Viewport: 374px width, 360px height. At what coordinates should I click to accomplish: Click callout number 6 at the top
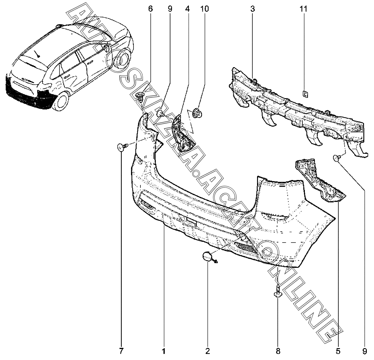pyautogui.click(x=150, y=9)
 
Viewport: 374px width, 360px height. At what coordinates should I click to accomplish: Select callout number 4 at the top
pyautogui.click(x=187, y=9)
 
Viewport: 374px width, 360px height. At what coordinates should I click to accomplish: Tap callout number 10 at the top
pyautogui.click(x=204, y=9)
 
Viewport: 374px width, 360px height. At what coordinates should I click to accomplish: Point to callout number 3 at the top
pyautogui.click(x=252, y=9)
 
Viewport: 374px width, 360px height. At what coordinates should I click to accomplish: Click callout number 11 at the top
pyautogui.click(x=303, y=9)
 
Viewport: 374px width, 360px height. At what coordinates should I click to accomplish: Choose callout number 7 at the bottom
pyautogui.click(x=121, y=351)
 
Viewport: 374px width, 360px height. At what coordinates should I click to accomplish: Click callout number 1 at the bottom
pyautogui.click(x=164, y=351)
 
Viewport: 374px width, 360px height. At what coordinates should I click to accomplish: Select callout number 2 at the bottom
pyautogui.click(x=208, y=351)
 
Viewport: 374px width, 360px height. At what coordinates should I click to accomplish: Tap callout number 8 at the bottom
pyautogui.click(x=278, y=351)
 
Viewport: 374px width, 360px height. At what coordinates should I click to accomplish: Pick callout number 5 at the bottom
pyautogui.click(x=338, y=351)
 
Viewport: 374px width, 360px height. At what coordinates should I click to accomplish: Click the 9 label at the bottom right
pyautogui.click(x=365, y=351)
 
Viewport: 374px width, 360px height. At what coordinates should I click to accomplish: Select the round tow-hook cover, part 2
pyautogui.click(x=207, y=256)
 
